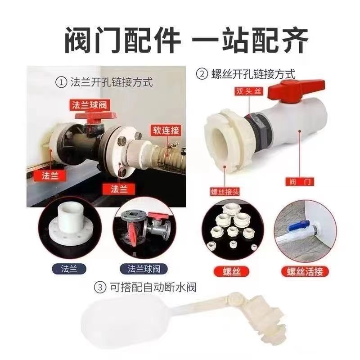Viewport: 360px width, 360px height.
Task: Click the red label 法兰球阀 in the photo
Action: pyautogui.click(x=90, y=105)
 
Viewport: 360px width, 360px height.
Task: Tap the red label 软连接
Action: pyautogui.click(x=166, y=130)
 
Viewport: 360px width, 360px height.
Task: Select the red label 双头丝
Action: pyautogui.click(x=249, y=91)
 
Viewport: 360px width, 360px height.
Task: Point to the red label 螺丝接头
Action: pyautogui.click(x=225, y=192)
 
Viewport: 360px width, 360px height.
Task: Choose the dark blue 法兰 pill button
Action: pyautogui.click(x=69, y=269)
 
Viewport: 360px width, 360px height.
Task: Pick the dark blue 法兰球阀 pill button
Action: pyautogui.click(x=144, y=269)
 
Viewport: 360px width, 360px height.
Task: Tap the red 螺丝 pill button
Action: pyautogui.click(x=231, y=272)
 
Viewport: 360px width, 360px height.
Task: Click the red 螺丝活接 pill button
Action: pyautogui.click(x=305, y=272)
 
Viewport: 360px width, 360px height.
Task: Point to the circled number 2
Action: pyautogui.click(x=202, y=74)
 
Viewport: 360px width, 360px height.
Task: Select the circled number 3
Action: pyautogui.click(x=100, y=288)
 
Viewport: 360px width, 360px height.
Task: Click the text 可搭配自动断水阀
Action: pyautogui.click(x=153, y=288)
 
